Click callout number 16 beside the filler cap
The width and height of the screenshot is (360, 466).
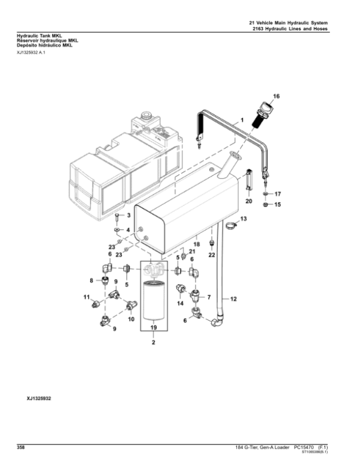click(x=277, y=96)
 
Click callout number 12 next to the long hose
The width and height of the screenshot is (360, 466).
click(x=233, y=298)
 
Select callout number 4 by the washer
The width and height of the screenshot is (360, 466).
click(x=128, y=229)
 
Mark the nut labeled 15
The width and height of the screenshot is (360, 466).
click(x=265, y=206)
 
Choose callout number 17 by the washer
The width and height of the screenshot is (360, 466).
click(x=277, y=195)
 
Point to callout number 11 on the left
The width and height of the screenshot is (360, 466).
click(x=86, y=297)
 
